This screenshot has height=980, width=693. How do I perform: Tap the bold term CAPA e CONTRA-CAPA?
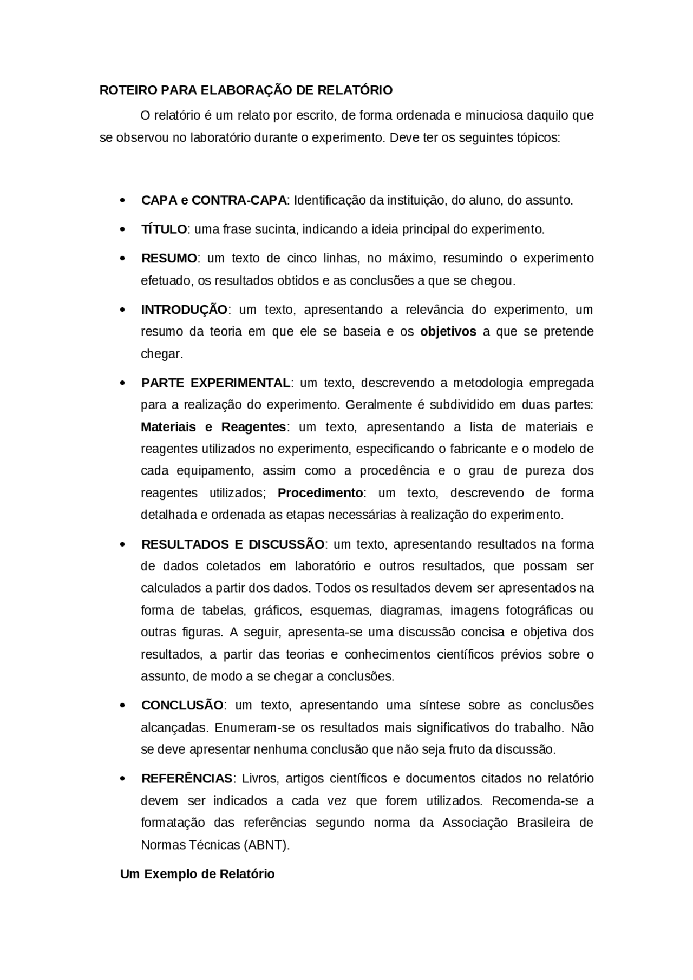(214, 200)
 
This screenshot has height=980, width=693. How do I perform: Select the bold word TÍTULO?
(164, 229)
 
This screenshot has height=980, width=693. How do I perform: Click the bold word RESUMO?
(169, 259)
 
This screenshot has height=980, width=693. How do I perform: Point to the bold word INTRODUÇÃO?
(184, 310)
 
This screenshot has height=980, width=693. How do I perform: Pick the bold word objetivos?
(448, 332)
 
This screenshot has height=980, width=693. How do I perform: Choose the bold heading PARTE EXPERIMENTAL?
(215, 383)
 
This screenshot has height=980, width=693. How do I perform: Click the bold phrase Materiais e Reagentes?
(213, 427)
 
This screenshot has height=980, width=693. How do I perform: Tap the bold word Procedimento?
(320, 493)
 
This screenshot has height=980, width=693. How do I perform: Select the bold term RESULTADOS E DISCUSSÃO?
(233, 544)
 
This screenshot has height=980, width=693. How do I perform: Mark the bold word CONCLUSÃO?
(182, 706)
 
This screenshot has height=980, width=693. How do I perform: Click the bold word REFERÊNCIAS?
(187, 779)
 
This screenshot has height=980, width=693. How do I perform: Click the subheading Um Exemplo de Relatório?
(197, 874)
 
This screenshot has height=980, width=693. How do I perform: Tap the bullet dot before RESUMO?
(123, 259)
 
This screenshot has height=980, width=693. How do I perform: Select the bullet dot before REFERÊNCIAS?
(123, 779)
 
